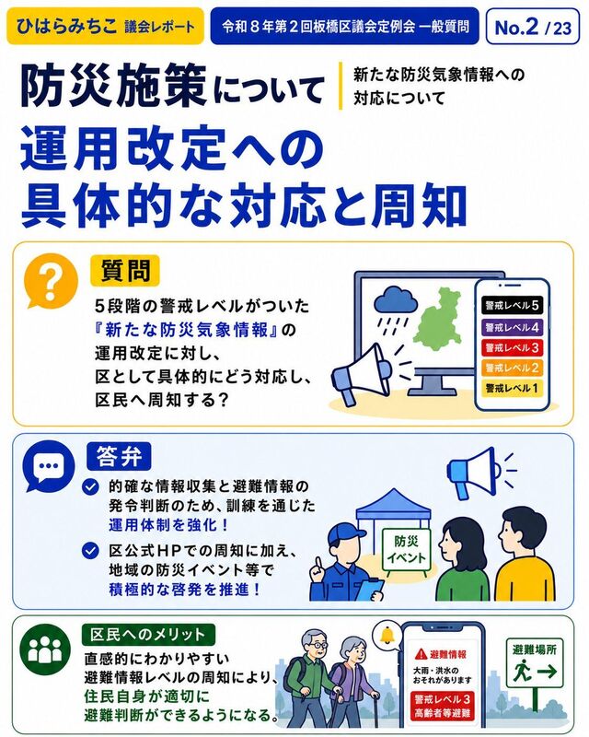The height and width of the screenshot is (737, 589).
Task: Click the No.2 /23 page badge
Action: (x=533, y=28)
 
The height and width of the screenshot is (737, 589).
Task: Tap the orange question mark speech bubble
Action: (x=51, y=282)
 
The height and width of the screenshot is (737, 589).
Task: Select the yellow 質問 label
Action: (x=125, y=271)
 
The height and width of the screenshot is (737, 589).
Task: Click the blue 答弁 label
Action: (x=119, y=456)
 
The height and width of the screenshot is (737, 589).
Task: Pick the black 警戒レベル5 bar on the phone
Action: (x=512, y=305)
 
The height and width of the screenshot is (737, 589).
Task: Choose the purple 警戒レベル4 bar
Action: (x=512, y=327)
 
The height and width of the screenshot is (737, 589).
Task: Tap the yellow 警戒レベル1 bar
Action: (x=512, y=388)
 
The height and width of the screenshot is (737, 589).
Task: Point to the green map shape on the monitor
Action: (x=436, y=320)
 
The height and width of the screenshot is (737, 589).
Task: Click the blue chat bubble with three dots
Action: (x=50, y=466)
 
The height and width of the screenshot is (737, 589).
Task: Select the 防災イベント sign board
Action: (x=405, y=549)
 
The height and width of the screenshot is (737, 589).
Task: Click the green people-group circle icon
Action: (x=45, y=649)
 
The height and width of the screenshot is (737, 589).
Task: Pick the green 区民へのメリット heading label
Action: (x=148, y=635)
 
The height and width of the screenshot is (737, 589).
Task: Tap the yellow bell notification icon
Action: (x=387, y=635)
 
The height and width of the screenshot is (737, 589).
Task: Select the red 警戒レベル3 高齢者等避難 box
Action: (x=442, y=706)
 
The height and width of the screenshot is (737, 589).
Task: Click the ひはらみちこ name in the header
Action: (x=65, y=26)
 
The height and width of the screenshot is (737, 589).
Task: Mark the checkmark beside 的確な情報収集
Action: (x=91, y=486)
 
